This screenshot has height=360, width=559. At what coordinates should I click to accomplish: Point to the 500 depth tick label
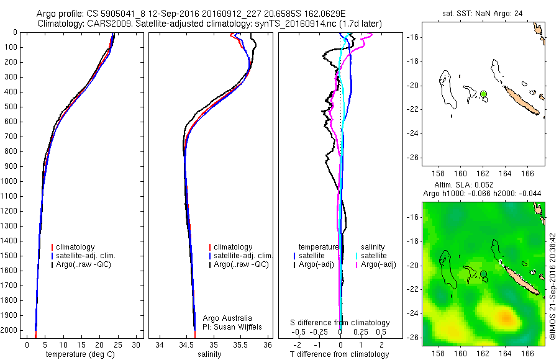[x=11, y=107]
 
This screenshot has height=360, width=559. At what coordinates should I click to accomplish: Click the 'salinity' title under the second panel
[x=208, y=354]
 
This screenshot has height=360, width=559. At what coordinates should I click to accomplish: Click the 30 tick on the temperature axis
[x=137, y=344]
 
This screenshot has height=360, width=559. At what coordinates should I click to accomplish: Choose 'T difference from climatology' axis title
[x=339, y=354]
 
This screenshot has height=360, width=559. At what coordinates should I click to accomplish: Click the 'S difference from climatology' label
[x=340, y=323]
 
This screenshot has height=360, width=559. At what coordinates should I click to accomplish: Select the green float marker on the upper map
[x=483, y=94]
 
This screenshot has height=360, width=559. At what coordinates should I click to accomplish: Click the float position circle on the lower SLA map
[x=483, y=274]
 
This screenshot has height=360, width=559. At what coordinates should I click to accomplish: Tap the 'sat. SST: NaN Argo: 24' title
[x=483, y=14]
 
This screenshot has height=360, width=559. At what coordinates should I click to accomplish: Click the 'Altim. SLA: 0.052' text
[x=483, y=186]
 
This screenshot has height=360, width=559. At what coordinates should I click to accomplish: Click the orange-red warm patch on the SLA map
[x=507, y=318]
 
